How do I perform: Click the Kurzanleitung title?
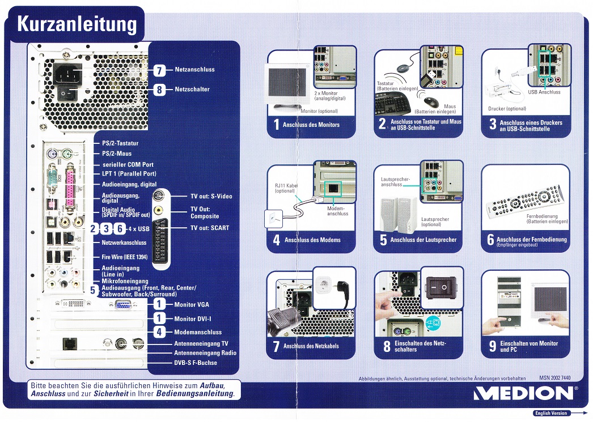77,24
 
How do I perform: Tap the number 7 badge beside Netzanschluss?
159,70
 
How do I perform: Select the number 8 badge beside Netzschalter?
159,90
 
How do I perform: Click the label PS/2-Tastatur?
120,144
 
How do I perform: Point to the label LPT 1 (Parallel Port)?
129,174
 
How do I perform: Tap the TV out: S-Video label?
211,197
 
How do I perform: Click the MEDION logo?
523,393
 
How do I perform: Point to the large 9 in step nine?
492,346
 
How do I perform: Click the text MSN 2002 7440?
551,378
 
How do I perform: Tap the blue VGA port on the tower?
123,305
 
